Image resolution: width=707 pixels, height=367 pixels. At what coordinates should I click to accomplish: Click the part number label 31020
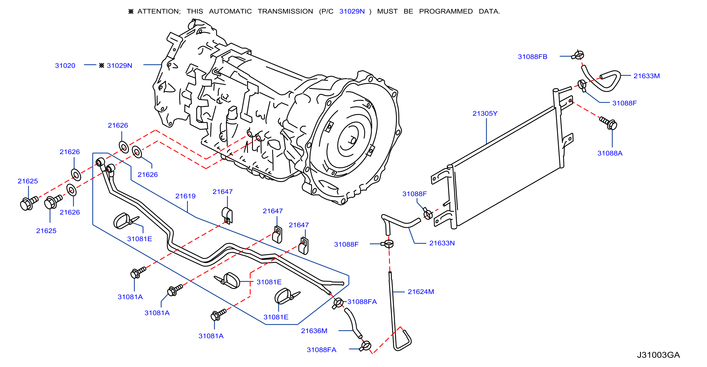tap(65, 66)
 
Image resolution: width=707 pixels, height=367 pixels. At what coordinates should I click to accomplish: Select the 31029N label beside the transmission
tap(119, 66)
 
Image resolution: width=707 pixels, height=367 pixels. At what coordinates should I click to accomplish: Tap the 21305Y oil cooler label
tap(485, 114)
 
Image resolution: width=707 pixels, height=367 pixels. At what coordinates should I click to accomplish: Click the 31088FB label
tap(532, 57)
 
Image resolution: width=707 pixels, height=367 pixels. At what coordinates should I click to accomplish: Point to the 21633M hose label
tap(646, 76)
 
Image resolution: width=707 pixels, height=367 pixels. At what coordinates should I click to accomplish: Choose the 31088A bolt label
tap(610, 153)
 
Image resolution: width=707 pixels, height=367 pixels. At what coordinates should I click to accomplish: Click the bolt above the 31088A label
tap(608, 123)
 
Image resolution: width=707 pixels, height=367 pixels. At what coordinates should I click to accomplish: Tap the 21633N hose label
tap(442, 243)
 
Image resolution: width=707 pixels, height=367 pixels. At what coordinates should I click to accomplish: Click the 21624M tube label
tap(421, 292)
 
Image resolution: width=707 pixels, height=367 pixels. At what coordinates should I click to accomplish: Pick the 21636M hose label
tap(314, 331)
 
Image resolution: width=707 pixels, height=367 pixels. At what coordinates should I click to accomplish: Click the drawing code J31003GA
tap(658, 355)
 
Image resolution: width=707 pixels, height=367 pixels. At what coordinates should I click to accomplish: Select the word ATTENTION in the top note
tap(159, 11)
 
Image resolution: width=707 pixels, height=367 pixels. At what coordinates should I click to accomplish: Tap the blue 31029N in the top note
tap(352, 11)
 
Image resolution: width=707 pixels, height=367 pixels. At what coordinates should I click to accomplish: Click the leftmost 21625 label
tap(28, 181)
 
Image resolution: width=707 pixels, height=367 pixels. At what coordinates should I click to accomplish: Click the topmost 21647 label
tap(223, 192)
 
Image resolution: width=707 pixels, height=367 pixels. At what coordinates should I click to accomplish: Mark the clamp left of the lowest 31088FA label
tap(366, 346)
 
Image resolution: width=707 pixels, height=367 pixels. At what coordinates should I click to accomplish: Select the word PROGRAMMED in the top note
tap(446, 11)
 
